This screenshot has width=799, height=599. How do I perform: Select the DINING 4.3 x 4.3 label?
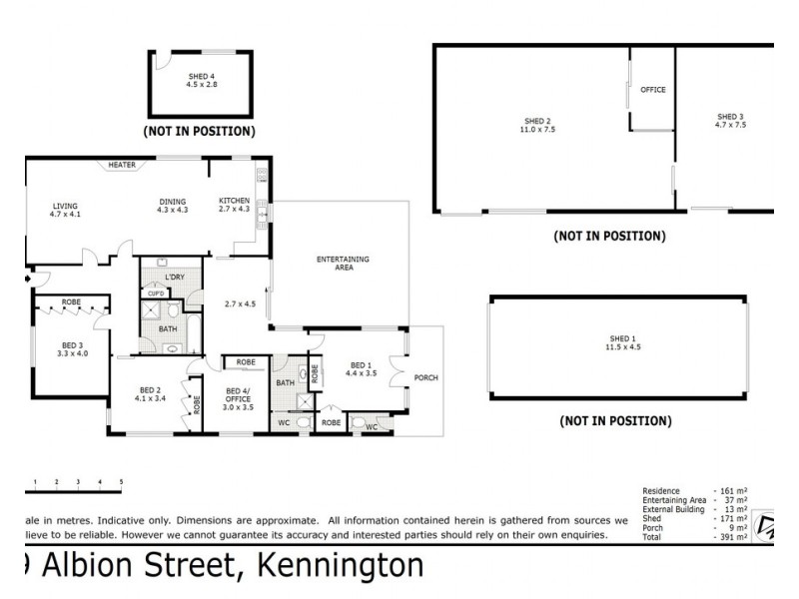point(173,205)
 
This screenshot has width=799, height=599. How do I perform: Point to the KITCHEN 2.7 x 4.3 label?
point(234,205)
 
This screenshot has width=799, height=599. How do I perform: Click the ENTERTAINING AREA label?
point(343,264)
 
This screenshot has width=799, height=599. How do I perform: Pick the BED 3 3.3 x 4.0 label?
point(73,348)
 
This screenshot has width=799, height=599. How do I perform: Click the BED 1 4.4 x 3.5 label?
point(361,369)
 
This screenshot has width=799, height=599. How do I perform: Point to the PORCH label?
point(425,377)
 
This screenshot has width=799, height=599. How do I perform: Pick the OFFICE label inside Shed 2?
point(652,90)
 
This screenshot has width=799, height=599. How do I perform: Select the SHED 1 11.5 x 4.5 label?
point(622,342)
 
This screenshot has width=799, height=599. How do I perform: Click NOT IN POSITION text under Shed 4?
point(199,131)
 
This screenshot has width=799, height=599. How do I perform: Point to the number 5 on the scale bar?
point(121,482)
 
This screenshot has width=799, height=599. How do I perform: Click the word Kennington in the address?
point(341,566)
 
